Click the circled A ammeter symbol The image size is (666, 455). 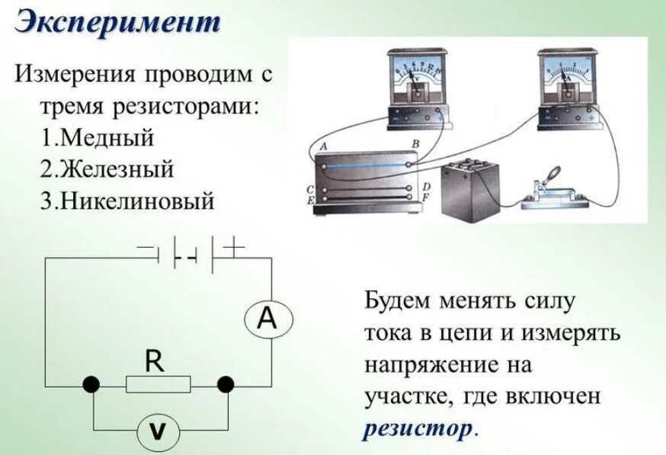coord(266,319)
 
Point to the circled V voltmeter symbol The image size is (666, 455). coord(157,432)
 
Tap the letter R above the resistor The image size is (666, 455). coord(155,360)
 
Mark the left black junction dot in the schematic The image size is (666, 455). coord(91,384)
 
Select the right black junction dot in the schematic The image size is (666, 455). coord(226,384)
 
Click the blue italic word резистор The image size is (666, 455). coord(418,428)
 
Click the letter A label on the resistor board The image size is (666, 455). coord(324,146)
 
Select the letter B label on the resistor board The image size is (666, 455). coord(415,144)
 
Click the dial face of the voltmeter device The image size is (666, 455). coord(415,75)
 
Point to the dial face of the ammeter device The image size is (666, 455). coord(565,74)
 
